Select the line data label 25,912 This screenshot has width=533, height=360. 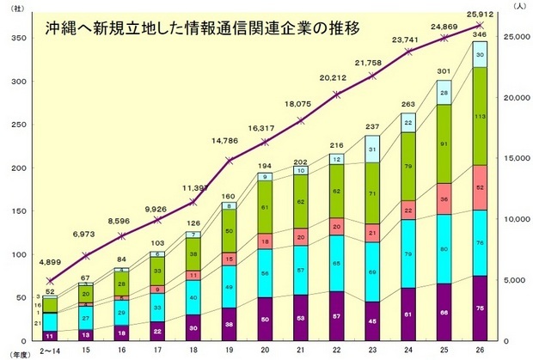click(479, 12)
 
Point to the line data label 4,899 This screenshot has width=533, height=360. click(52, 264)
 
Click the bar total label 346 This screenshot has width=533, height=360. click(479, 35)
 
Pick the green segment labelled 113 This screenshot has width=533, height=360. click(479, 116)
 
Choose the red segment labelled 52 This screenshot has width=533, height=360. click(479, 187)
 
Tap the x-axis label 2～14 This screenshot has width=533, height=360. click(52, 351)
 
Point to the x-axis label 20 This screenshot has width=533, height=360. click(264, 351)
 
